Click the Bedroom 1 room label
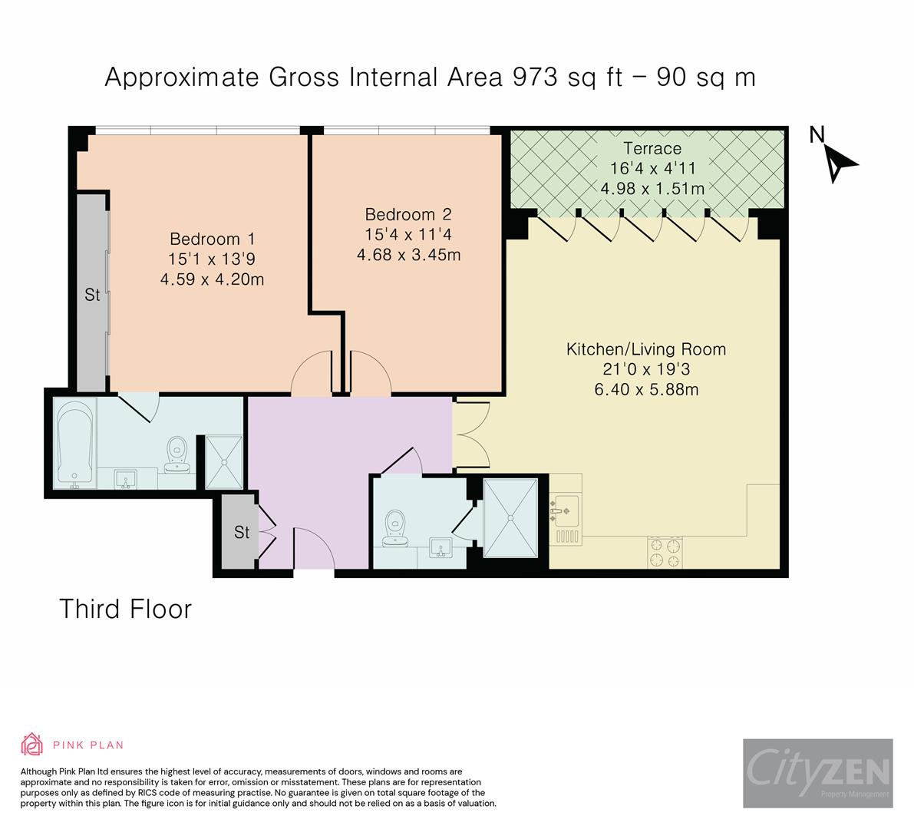coord(212,239)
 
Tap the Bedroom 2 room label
coord(408,214)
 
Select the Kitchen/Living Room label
coord(646,349)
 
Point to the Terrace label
coord(652,148)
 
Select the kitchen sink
coord(564,510)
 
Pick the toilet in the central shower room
coord(395,529)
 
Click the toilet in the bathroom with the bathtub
coord(176,454)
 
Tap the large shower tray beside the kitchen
coord(510,517)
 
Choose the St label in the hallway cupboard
coord(242,532)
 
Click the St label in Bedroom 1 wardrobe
coord(92,295)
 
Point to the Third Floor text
coord(125,609)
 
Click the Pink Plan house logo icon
coord(32,745)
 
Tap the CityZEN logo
coord(818,773)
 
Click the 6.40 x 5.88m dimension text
coord(646,389)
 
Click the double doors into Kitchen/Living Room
coord(472,435)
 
